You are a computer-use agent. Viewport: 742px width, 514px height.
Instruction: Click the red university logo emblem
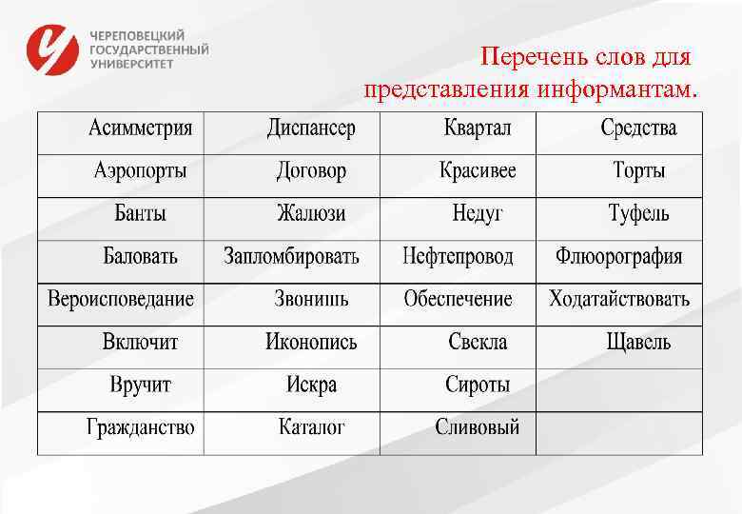point(52,49)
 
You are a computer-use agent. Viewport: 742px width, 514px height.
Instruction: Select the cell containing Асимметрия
point(141,128)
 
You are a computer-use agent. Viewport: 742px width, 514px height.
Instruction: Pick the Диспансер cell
point(311,128)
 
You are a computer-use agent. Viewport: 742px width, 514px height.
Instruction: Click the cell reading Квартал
point(478,128)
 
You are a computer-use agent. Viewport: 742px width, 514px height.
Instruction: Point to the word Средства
point(638,128)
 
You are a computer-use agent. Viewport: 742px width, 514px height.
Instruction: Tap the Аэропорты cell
point(141,171)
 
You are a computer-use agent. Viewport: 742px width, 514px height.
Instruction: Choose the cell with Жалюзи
point(311,213)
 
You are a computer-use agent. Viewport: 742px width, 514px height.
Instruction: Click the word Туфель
point(638,213)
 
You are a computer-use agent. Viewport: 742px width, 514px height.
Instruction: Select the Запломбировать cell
point(291,256)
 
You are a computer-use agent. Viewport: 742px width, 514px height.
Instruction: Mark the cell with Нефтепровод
point(458,256)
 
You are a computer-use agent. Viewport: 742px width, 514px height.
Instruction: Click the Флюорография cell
point(619,256)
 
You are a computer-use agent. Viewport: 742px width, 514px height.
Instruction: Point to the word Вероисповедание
point(121,299)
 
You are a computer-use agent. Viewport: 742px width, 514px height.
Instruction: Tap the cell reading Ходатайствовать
point(619,299)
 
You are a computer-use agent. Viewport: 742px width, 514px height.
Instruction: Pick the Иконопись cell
point(311,342)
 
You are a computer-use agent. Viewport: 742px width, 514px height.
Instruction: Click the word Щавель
point(638,342)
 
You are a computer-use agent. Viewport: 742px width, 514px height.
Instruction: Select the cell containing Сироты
point(478,385)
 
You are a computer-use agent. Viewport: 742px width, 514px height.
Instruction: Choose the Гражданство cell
point(141,426)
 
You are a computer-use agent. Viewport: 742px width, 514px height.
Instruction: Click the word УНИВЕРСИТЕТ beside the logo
point(132,64)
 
